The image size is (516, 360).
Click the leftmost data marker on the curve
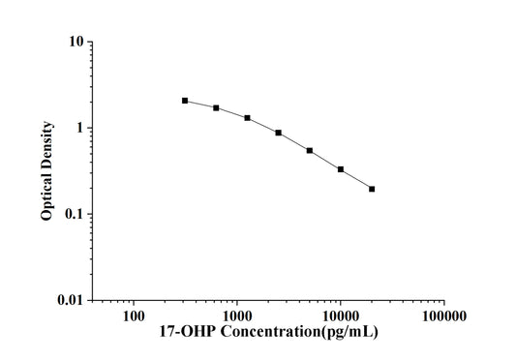185,101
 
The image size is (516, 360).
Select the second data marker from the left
216,107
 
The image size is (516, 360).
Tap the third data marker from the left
247,118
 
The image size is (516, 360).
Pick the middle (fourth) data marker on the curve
279,133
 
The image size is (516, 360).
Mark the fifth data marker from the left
310,151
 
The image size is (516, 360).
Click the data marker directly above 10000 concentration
341,169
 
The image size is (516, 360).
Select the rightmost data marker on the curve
372,189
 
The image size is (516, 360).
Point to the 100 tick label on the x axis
134,315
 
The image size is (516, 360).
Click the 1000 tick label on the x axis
237,315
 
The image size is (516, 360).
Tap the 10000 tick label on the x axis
341,315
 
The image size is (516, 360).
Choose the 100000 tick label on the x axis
443,315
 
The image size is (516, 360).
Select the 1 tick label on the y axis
80,128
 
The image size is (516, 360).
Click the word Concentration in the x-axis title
266,332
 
